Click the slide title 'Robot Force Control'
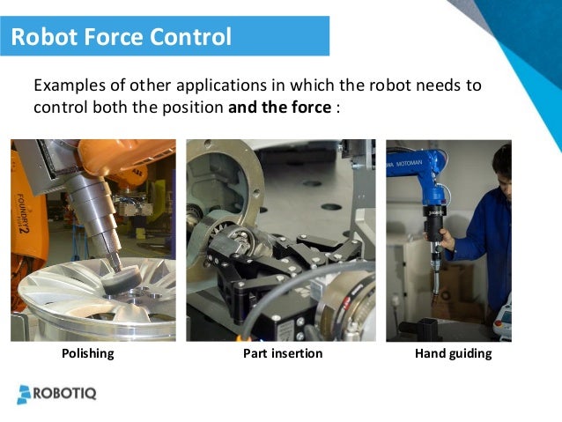point(121,37)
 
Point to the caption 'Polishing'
point(87,354)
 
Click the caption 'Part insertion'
point(282,354)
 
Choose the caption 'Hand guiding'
point(452,354)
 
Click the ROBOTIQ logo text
point(65,393)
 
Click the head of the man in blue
point(503,167)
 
